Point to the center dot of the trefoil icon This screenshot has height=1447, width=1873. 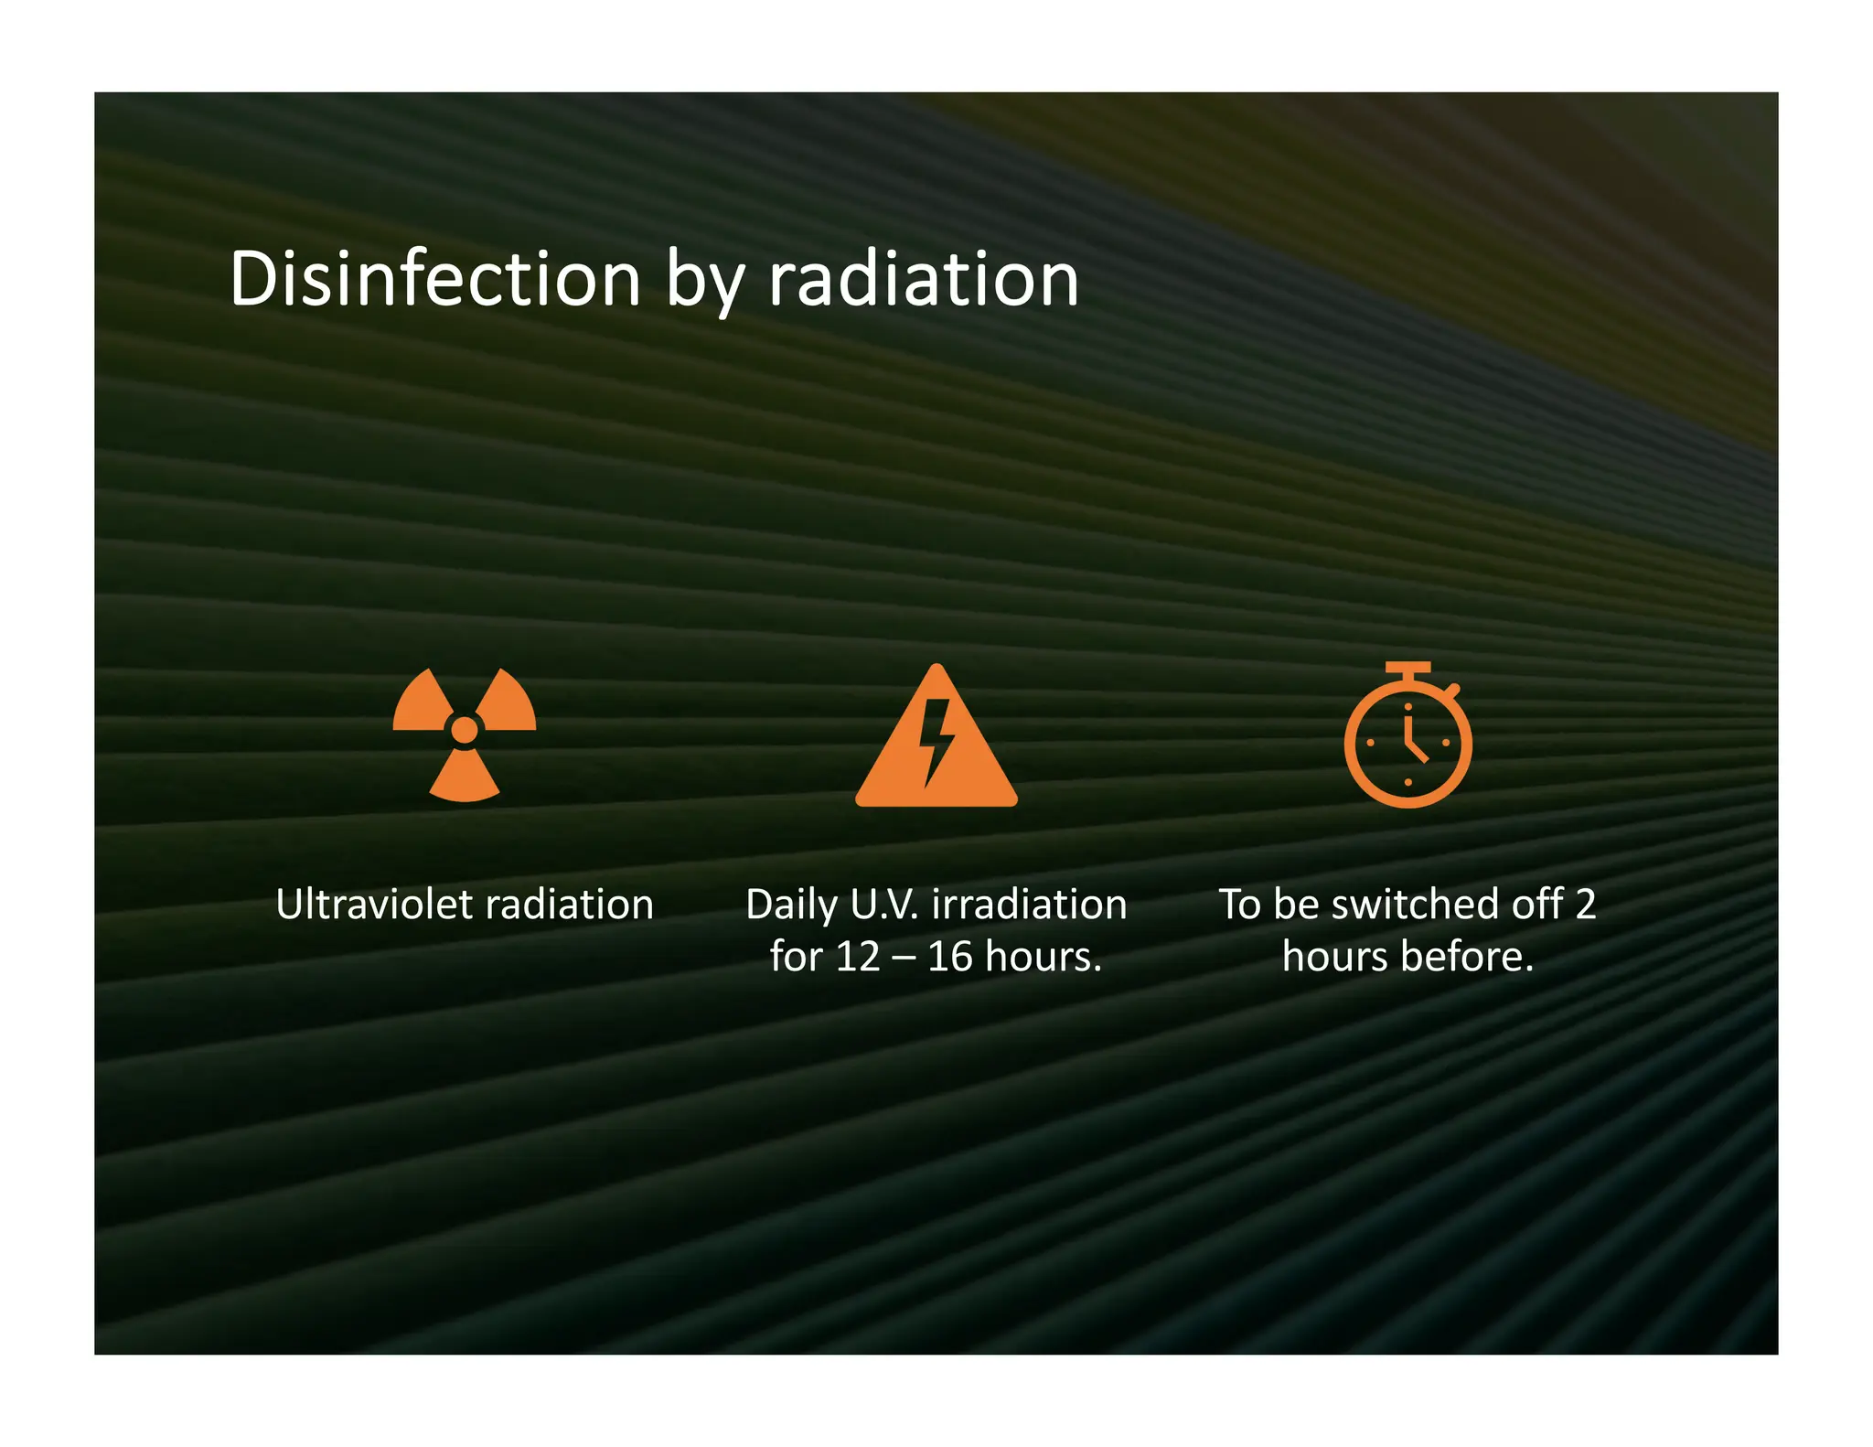click(x=465, y=730)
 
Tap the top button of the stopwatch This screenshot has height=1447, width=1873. click(x=1407, y=669)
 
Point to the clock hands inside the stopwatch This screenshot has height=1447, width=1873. click(x=1413, y=741)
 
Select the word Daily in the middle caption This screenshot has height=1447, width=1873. click(x=791, y=906)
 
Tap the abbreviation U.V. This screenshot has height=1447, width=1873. click(x=883, y=905)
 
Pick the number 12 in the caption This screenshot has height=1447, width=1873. click(x=857, y=957)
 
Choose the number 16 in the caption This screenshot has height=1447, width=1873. click(x=949, y=957)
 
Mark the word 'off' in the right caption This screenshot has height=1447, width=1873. click(x=1536, y=905)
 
